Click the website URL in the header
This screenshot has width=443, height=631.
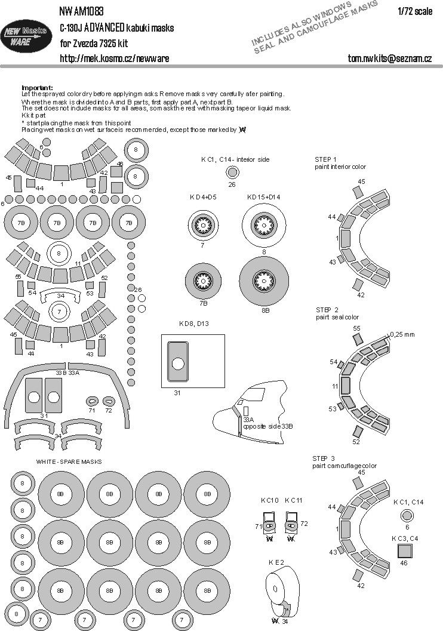coord(114,58)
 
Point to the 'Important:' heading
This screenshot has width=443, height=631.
coord(37,87)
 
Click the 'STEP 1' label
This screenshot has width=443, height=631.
coord(326,159)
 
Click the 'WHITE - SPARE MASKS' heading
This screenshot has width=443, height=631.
coord(69,462)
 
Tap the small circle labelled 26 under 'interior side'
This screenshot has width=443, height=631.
coord(232,173)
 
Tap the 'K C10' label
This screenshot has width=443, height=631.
coord(265,500)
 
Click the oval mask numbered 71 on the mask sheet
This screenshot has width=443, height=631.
coord(93,401)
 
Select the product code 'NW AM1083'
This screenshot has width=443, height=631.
coord(81,11)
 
